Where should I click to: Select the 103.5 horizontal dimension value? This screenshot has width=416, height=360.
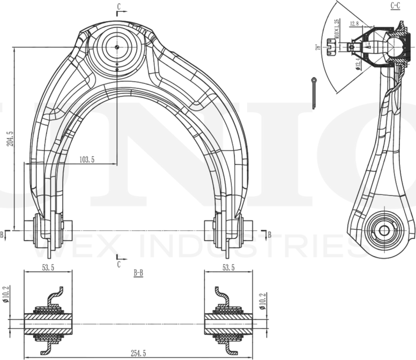click(x=86, y=160)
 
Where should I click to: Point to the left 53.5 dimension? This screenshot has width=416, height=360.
click(x=47, y=268)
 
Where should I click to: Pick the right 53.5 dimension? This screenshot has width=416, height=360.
click(x=228, y=268)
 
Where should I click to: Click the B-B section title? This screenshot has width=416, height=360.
click(x=138, y=273)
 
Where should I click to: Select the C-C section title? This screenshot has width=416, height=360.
click(x=395, y=6)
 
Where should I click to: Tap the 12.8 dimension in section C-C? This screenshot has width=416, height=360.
click(x=354, y=24)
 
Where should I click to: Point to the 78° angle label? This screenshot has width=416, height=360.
click(x=318, y=47)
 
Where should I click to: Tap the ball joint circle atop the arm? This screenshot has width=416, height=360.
click(x=117, y=46)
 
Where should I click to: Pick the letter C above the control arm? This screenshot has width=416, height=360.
click(x=118, y=6)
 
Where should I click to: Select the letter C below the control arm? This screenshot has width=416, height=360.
click(x=118, y=264)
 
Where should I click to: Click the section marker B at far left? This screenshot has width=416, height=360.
click(x=2, y=235)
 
